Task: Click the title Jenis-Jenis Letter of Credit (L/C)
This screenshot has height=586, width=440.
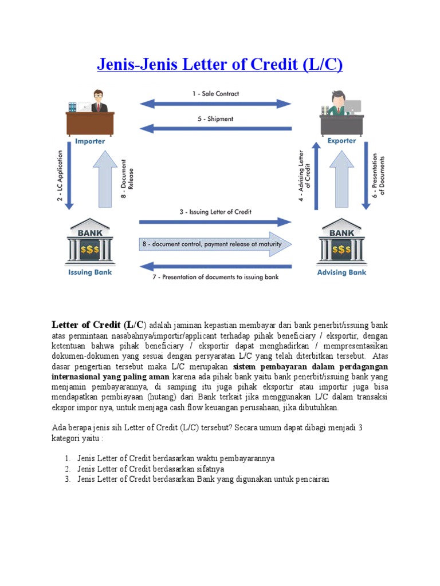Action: pos(219,64)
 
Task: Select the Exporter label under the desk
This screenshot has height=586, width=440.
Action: pos(341,141)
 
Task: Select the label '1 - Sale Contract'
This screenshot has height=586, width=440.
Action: pos(216,93)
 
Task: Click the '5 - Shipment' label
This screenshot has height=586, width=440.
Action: pos(215,119)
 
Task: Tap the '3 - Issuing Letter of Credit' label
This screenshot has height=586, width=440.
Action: pos(215,212)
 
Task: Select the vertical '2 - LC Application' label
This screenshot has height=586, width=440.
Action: pos(59,176)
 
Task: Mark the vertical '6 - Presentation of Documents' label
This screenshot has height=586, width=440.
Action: pos(379,174)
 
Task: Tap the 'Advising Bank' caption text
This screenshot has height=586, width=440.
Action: pos(341,272)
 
